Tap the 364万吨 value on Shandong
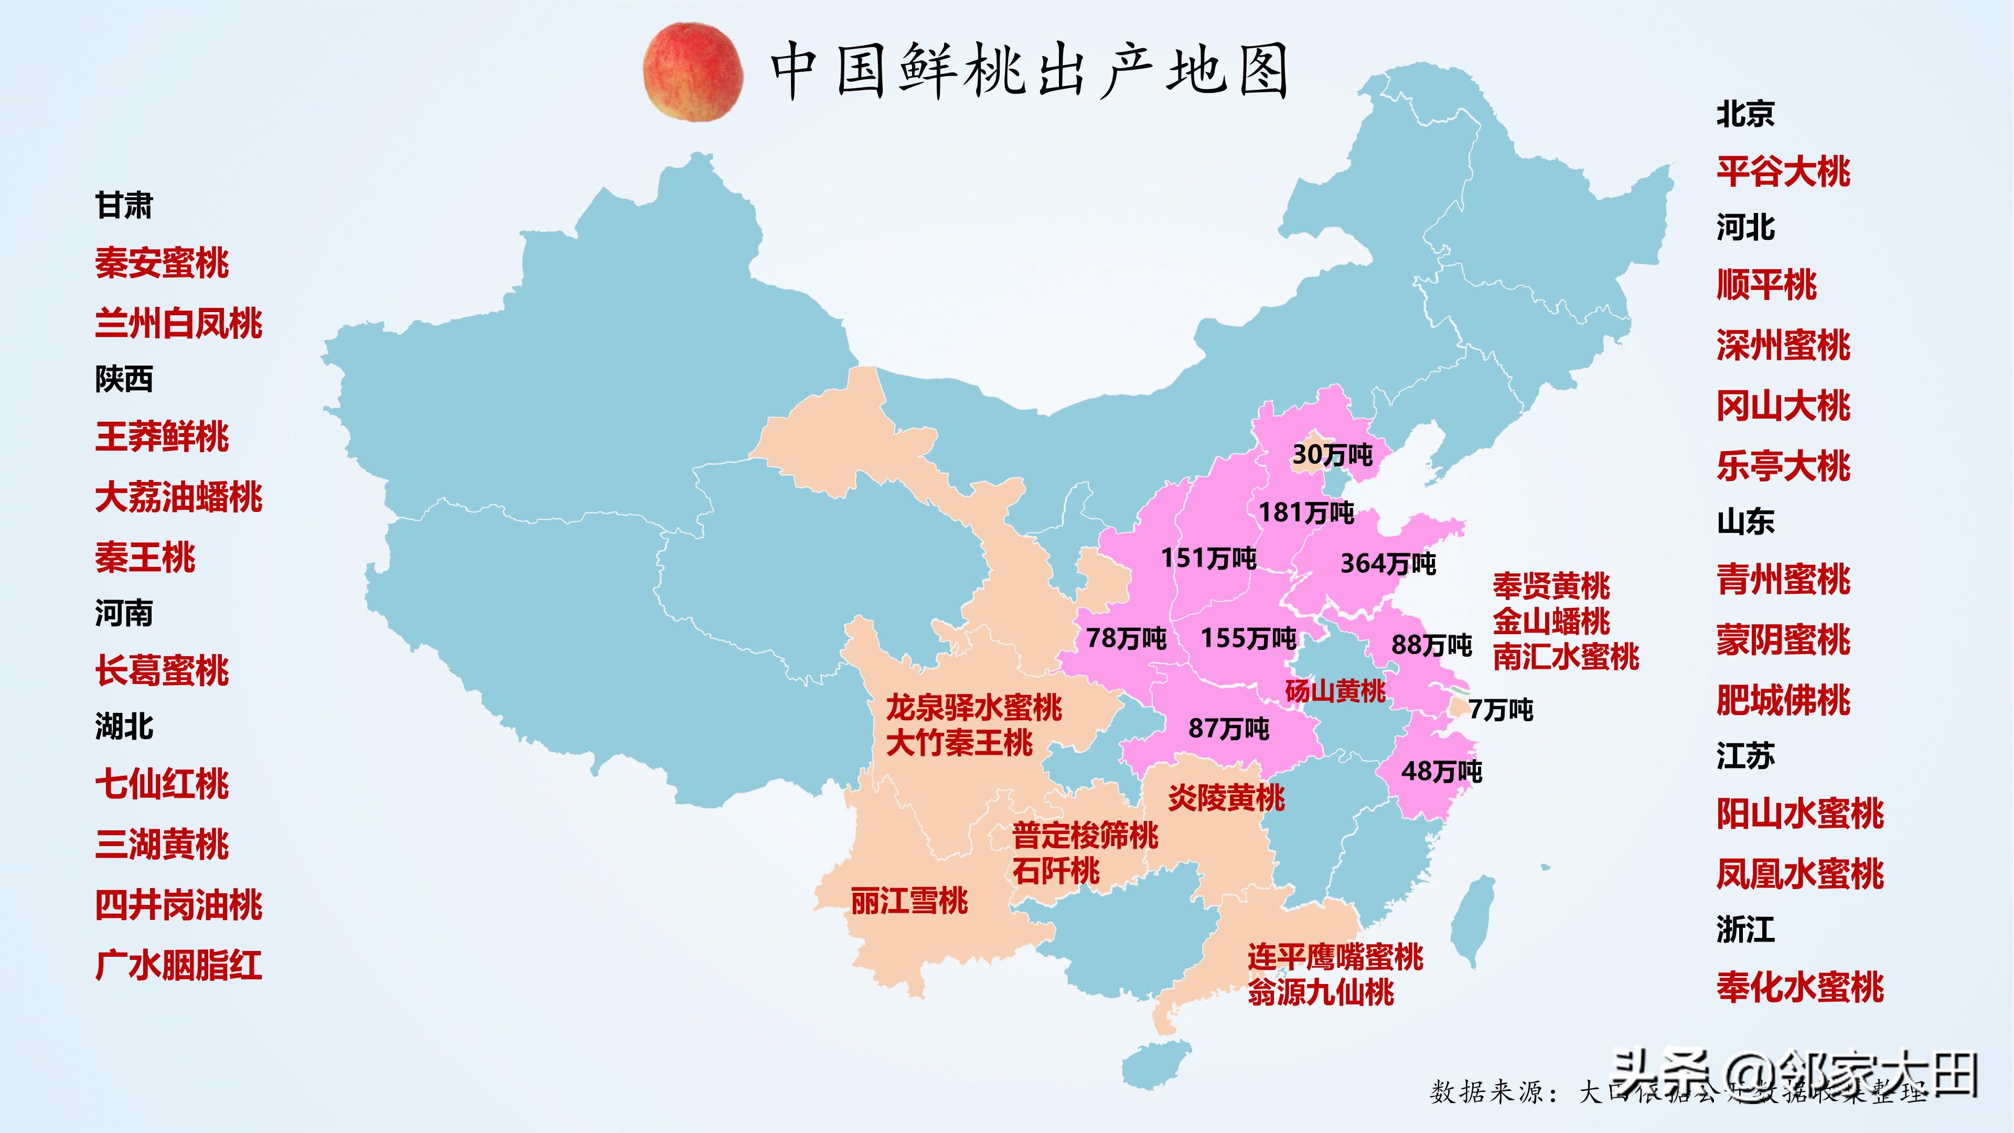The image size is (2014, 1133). tap(1388, 564)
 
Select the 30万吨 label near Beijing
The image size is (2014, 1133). tap(1332, 454)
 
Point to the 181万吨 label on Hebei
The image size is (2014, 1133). tap(1305, 513)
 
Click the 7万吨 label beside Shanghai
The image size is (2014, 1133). tap(1501, 710)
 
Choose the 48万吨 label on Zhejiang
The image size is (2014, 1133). tap(1441, 772)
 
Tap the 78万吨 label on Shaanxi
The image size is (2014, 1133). tap(1126, 639)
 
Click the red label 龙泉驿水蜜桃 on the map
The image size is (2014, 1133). tap(973, 708)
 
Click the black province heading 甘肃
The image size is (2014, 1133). tap(124, 206)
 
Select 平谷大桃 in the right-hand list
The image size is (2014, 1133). tap(1783, 171)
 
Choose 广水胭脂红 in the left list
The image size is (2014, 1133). tap(178, 966)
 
